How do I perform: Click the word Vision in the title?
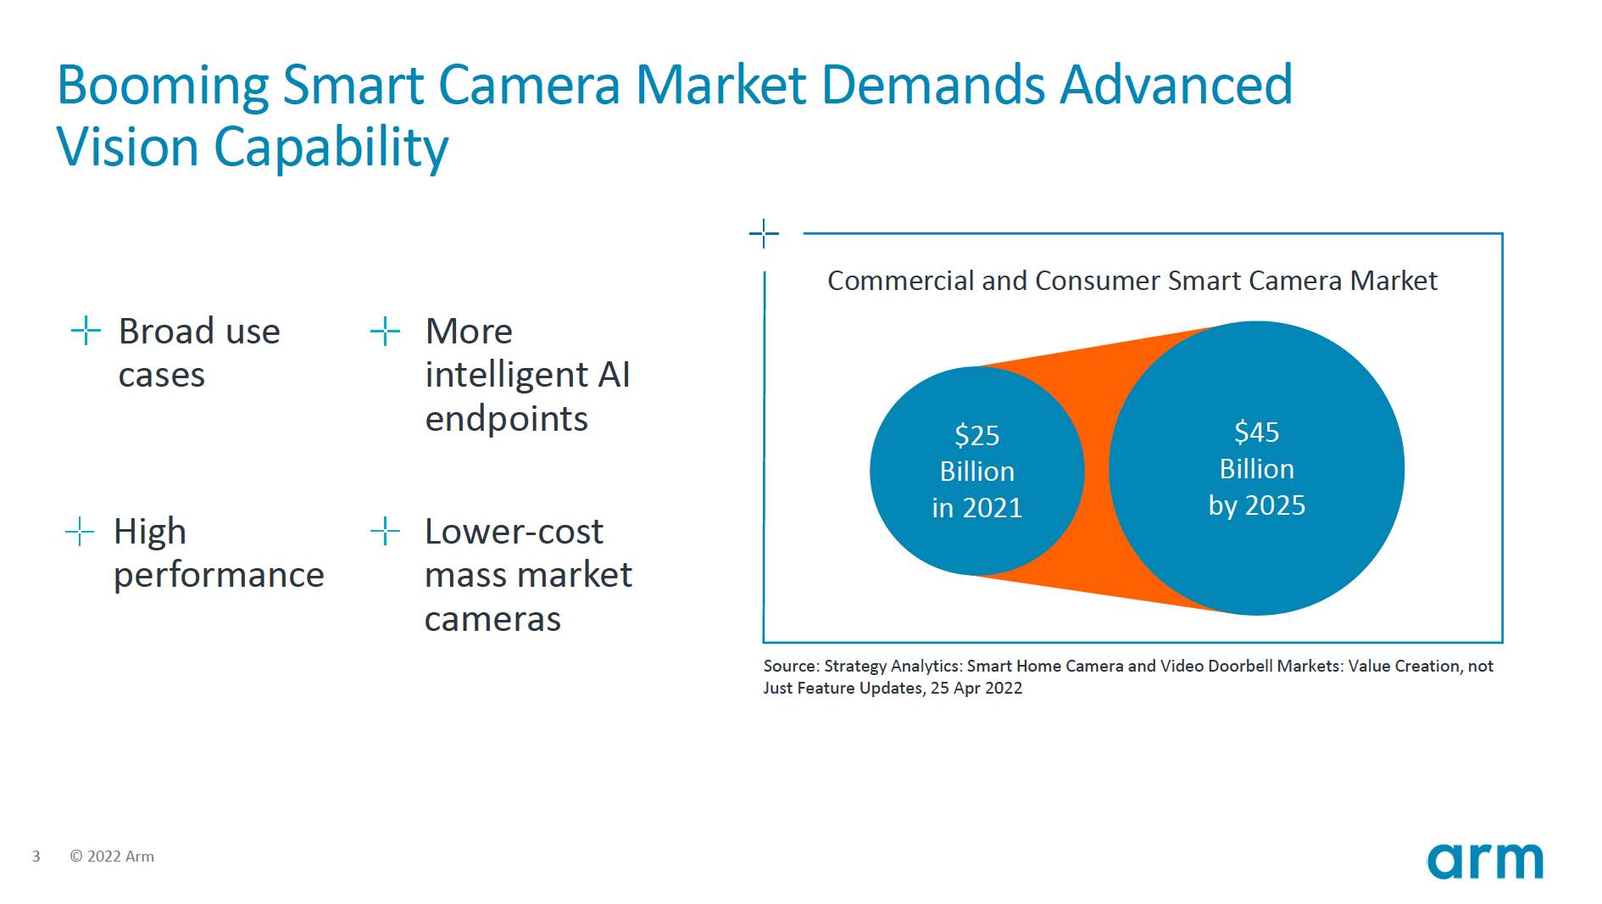point(127,148)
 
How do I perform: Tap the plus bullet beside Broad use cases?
point(86,331)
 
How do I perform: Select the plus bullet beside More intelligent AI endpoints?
point(385,331)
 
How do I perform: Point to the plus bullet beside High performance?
point(80,532)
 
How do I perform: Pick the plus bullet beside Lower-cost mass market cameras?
point(385,532)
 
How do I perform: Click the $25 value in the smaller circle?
point(976,435)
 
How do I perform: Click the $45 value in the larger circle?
point(1256,432)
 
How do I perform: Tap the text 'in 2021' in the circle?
point(976,508)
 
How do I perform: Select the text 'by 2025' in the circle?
point(1256,505)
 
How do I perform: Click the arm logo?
point(1485,861)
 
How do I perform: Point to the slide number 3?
point(36,857)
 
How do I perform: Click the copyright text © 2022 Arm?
point(112,857)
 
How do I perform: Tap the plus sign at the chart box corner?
point(764,233)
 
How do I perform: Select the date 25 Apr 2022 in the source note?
point(976,689)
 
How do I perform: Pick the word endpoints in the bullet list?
point(506,419)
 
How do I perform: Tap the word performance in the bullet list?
point(219,576)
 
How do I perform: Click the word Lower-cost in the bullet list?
point(514,532)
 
